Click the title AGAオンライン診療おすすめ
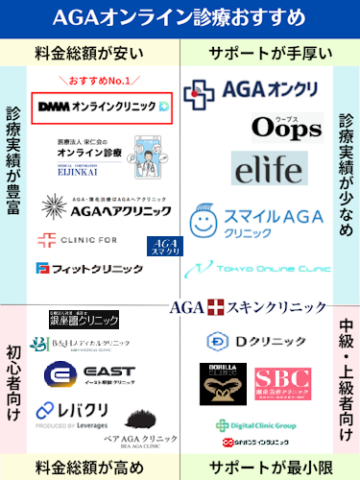pos(180,16)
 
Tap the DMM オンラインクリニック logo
pos(102,107)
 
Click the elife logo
pos(269,170)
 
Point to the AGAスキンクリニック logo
pos(249,307)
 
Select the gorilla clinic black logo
pos(229,383)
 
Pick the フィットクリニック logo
pos(77,269)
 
